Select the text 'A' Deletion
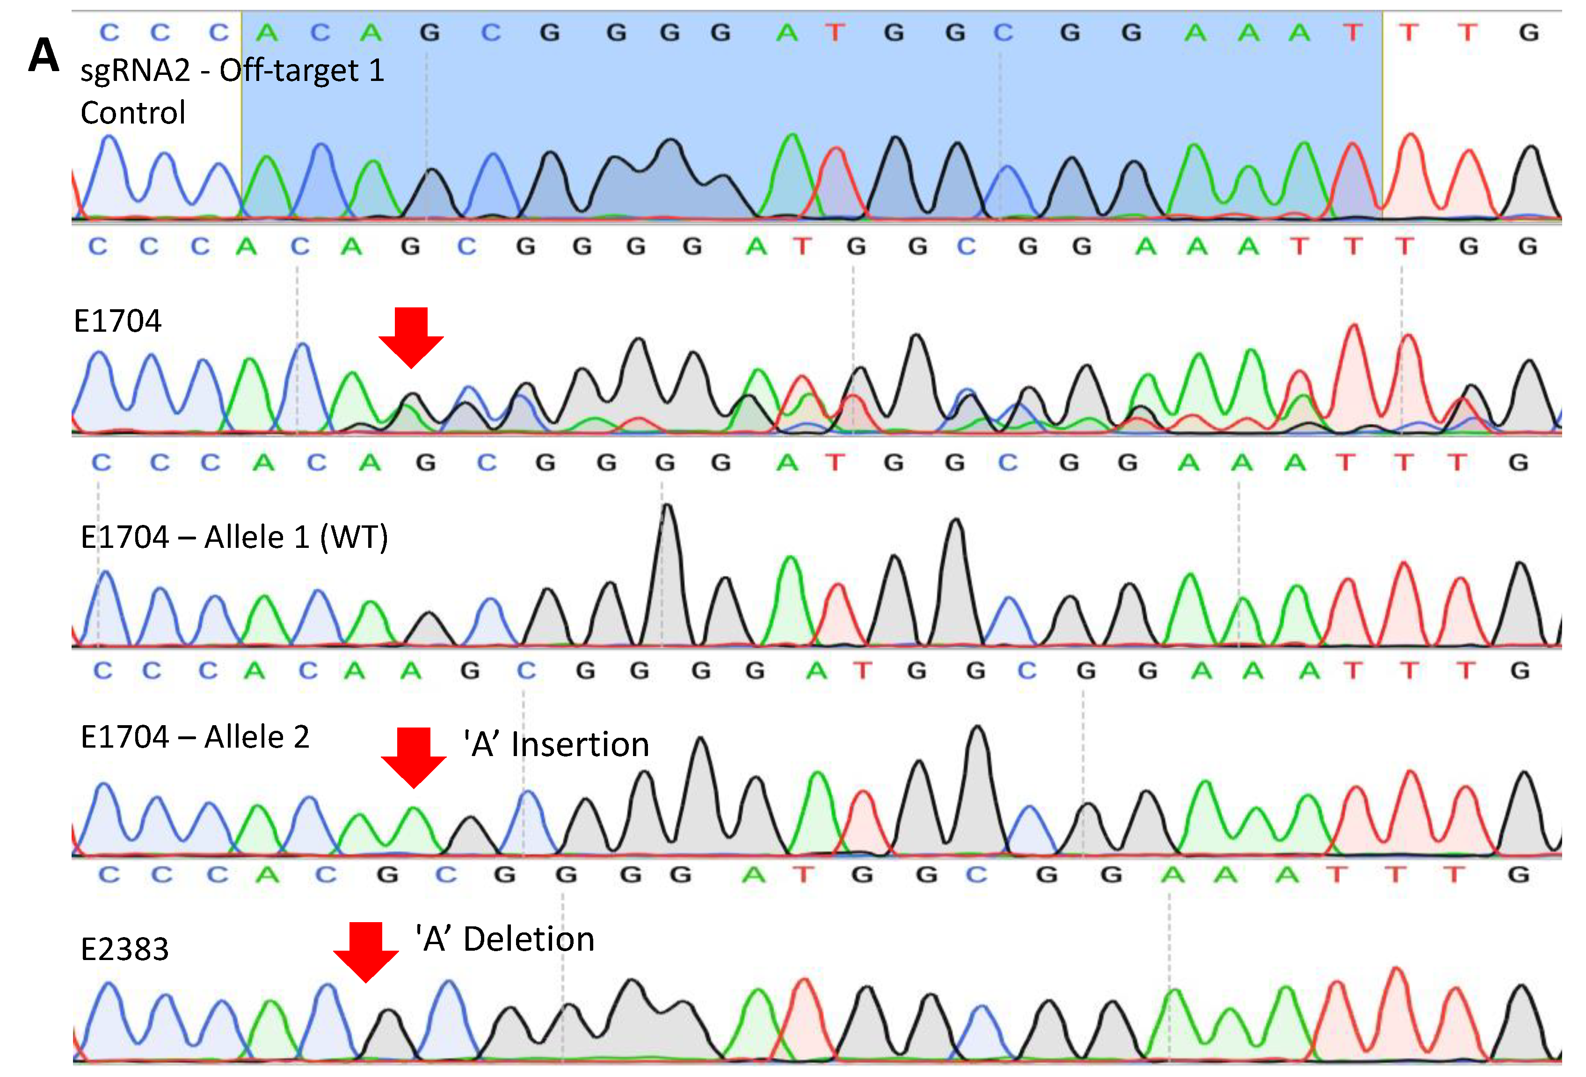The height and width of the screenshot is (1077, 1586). (505, 939)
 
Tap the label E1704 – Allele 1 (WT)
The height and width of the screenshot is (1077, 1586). (234, 537)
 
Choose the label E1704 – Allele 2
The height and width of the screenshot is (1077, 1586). (195, 737)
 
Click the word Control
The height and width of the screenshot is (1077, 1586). (133, 113)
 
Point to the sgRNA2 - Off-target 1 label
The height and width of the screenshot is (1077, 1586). (232, 70)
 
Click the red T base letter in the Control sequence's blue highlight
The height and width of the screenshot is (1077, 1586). (835, 32)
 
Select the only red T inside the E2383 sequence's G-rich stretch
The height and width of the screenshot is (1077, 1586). (805, 874)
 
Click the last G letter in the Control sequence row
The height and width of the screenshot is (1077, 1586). (1528, 32)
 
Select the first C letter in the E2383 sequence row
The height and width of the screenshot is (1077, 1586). (109, 874)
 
